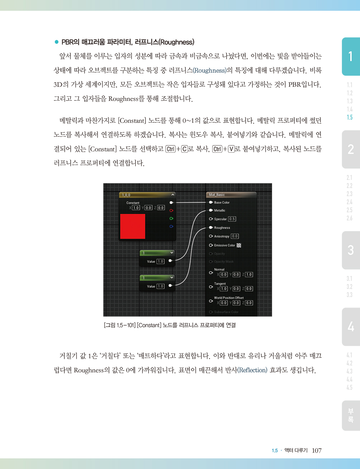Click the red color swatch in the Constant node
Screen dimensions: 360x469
(x=133, y=226)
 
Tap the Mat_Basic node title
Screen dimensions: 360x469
(x=217, y=195)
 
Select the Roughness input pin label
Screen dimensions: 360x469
(x=222, y=228)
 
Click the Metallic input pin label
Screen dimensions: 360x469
(x=220, y=210)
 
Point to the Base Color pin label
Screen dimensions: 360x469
(x=222, y=202)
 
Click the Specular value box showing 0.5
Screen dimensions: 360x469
(x=232, y=219)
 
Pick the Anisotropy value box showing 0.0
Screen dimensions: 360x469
(x=235, y=236)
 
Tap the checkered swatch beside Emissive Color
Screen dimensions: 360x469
(x=239, y=245)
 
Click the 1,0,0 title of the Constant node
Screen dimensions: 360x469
(x=126, y=195)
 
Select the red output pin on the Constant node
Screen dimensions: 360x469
(x=171, y=210)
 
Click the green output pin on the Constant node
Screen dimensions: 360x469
(x=171, y=218)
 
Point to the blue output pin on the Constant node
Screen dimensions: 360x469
(x=171, y=226)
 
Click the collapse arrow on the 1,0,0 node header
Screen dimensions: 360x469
(x=173, y=195)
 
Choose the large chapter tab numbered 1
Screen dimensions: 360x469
(x=351, y=57)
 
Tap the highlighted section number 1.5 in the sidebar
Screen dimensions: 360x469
(x=350, y=117)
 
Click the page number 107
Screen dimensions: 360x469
(x=317, y=450)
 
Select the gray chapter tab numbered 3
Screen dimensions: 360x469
(x=351, y=250)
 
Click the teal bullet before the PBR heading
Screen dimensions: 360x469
(x=57, y=42)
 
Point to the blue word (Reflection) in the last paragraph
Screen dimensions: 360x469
(x=252, y=370)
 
